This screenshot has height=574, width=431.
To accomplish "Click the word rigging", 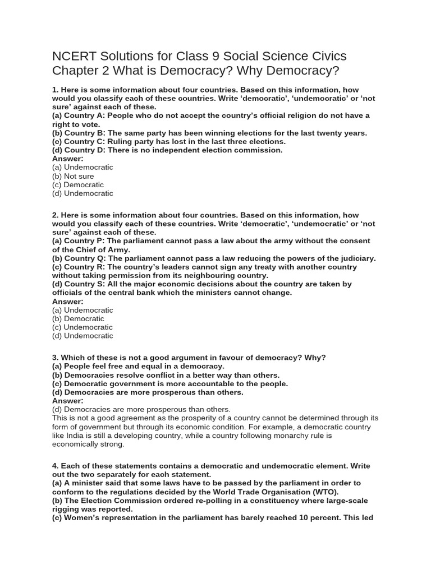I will [x=67, y=509].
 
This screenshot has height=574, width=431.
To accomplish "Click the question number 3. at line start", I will [x=56, y=358].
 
